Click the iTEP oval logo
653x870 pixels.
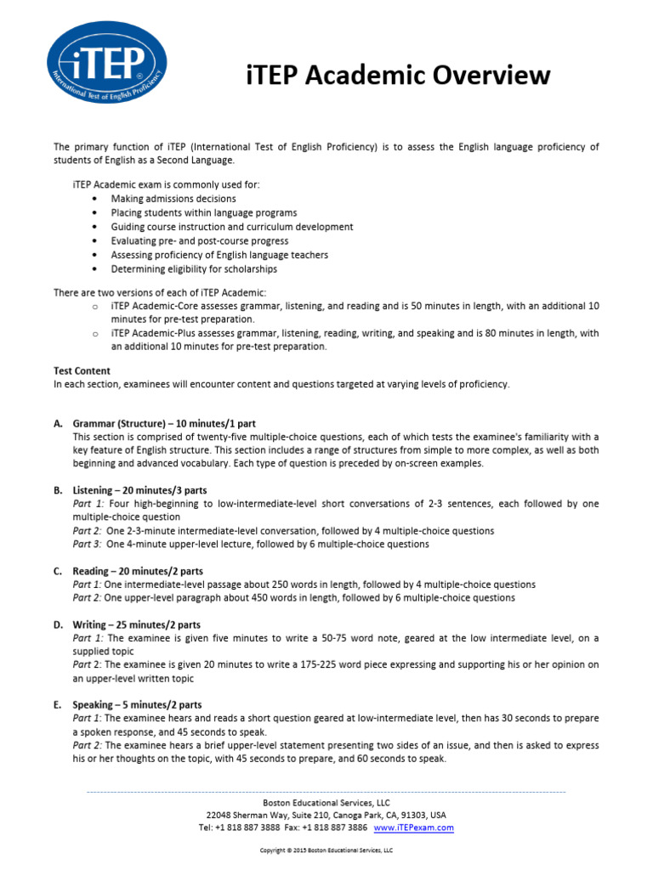click(x=107, y=66)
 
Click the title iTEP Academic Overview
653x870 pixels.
click(x=398, y=75)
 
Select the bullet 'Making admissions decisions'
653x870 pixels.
click(x=173, y=199)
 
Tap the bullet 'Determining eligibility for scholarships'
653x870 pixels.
click(x=194, y=268)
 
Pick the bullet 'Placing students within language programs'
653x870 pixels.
click(x=204, y=212)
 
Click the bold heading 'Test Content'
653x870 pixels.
click(x=82, y=370)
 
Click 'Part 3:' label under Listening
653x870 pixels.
click(x=87, y=544)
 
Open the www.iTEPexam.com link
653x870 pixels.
click(x=413, y=827)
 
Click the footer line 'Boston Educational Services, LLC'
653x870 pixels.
click(x=326, y=802)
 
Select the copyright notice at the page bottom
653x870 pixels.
click(x=326, y=850)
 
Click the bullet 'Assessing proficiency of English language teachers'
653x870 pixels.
click(x=219, y=255)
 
